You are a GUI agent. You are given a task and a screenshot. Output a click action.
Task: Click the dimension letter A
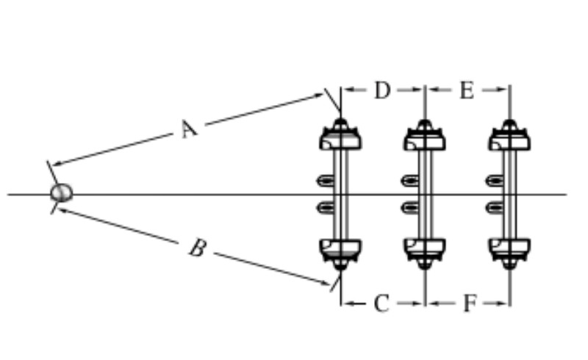189,129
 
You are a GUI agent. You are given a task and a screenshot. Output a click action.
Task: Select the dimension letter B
196,248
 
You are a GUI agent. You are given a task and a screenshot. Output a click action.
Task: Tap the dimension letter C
381,303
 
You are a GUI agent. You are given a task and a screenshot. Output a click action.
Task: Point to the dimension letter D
381,90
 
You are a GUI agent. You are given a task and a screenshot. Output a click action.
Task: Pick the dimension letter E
467,90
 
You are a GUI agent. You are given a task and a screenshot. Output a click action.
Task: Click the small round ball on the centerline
62,193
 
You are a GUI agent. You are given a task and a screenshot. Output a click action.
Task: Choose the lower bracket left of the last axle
493,207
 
